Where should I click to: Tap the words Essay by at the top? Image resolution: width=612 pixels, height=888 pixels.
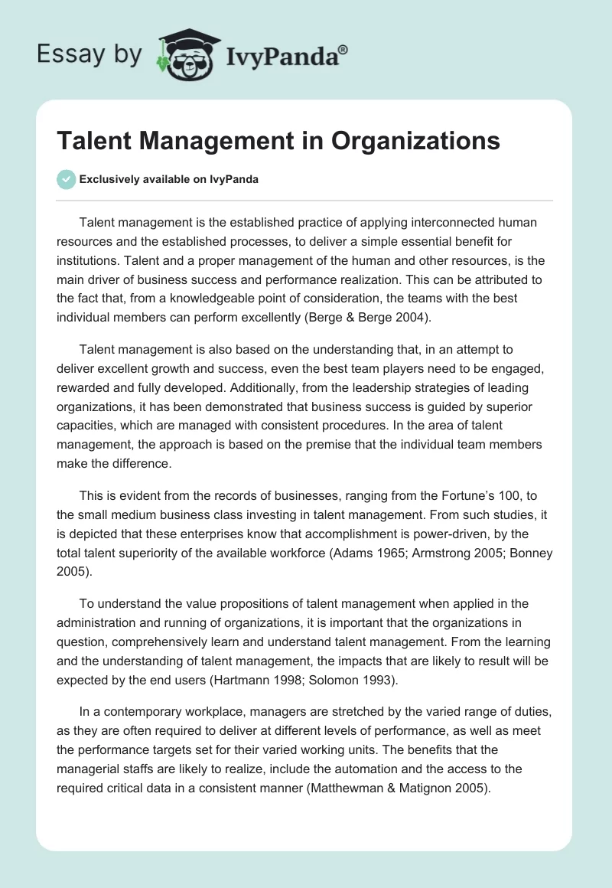tap(90, 54)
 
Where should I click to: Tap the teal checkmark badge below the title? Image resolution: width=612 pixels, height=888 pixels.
tap(66, 179)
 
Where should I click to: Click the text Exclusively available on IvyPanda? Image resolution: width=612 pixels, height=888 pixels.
tap(168, 180)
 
